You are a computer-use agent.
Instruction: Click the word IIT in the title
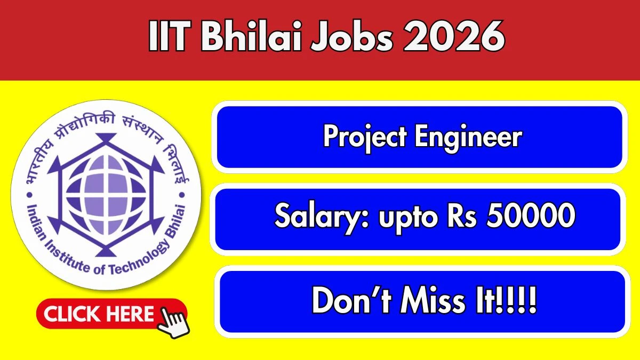click(170, 36)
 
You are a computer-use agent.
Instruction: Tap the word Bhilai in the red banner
click(251, 36)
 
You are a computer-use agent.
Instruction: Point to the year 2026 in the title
click(454, 36)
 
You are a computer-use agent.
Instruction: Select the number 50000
click(531, 215)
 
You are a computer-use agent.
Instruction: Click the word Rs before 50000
click(462, 215)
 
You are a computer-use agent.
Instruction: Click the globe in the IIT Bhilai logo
click(106, 195)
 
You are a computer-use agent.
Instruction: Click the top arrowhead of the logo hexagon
click(106, 138)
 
